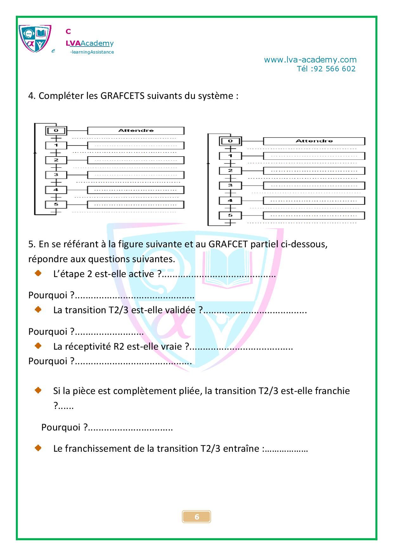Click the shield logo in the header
pos(35,38)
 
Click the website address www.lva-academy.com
pos(310,60)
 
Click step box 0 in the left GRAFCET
pos(56,131)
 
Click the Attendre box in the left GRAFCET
pos(136,131)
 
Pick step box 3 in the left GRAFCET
pos(56,175)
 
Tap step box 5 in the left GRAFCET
pos(56,204)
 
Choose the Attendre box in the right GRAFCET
pos(314,141)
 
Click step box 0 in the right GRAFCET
pos(230,141)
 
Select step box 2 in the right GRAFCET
pos(230,171)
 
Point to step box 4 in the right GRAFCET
pos(230,201)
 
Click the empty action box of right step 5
pos(314,216)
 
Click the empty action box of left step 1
pos(136,145)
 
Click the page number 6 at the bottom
pos(196,517)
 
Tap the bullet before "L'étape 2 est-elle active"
pos(38,273)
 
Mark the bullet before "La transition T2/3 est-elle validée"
pos(38,309)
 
